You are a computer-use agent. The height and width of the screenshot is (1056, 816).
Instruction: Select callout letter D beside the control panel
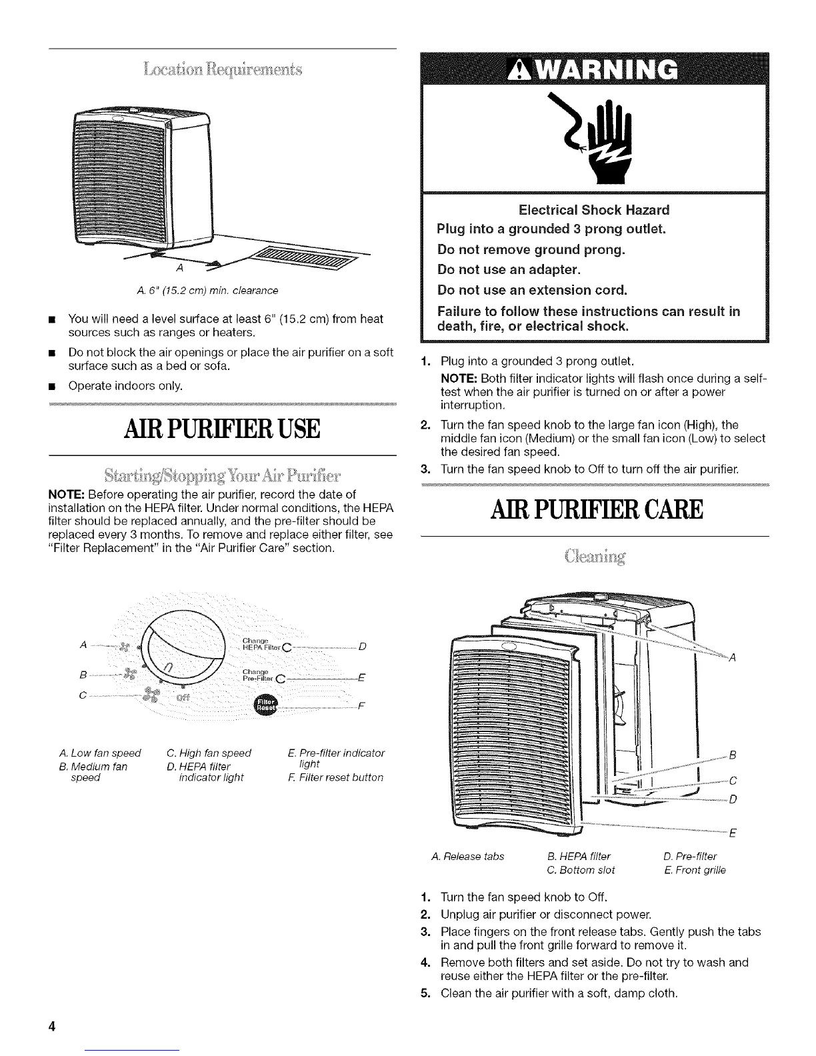click(361, 646)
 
